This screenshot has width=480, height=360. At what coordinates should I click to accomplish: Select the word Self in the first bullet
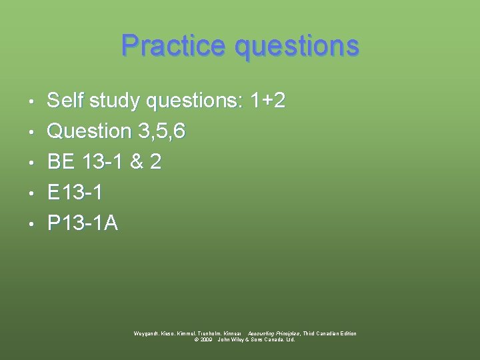pyautogui.click(x=66, y=101)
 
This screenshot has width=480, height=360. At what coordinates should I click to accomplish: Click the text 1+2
pyautogui.click(x=267, y=101)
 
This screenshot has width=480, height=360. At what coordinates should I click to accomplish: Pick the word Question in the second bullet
pyautogui.click(x=89, y=131)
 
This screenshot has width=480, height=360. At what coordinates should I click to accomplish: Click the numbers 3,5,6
pyautogui.click(x=162, y=132)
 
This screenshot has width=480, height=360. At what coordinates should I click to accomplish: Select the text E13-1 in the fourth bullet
pyautogui.click(x=75, y=193)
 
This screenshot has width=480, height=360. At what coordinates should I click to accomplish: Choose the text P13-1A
pyautogui.click(x=83, y=223)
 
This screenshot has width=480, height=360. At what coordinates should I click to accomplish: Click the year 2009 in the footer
pyautogui.click(x=207, y=339)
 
